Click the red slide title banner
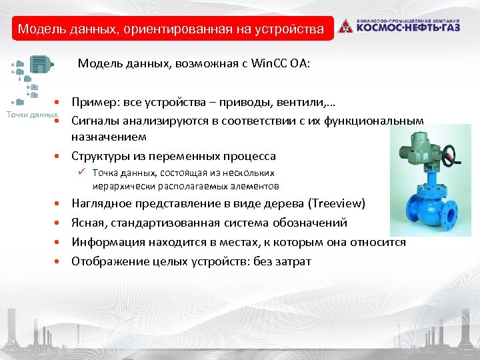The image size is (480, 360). pos(171,29)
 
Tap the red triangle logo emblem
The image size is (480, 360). pos(345,26)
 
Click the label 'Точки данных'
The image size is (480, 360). pos(31,115)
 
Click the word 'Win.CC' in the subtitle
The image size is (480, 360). pos(267,64)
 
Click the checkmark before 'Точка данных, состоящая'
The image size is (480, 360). pos(80,173)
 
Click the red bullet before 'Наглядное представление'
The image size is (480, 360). pos(59,203)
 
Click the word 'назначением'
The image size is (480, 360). pos(109,137)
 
